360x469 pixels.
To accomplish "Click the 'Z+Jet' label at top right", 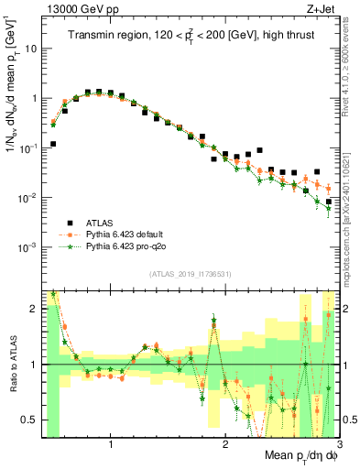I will pos(322,9).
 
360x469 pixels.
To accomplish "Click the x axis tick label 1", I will pos(111,444).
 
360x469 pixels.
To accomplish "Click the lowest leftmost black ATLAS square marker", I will pos(53,144).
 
